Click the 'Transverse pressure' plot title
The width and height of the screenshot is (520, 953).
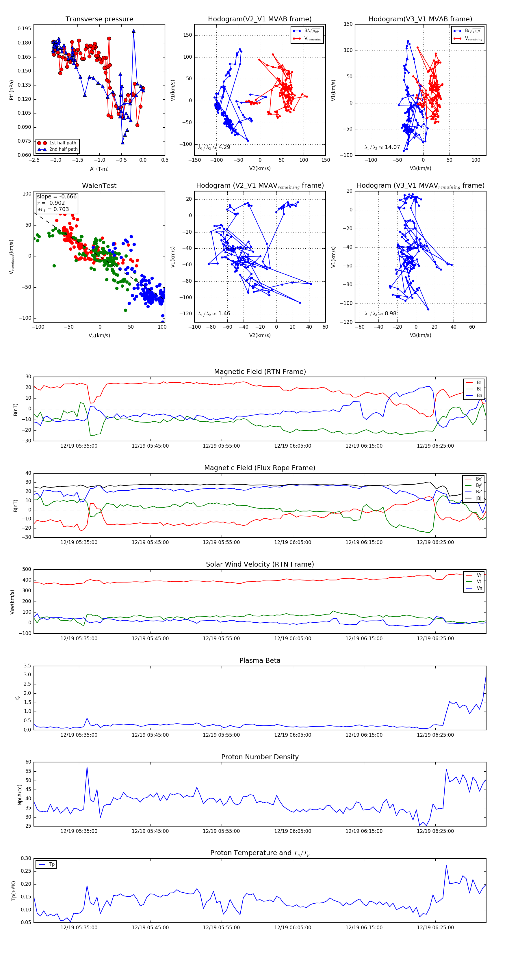click(x=99, y=19)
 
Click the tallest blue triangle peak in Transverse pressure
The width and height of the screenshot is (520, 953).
click(x=133, y=31)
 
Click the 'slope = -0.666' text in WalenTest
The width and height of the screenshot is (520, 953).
click(x=57, y=196)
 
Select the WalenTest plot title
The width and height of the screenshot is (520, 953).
click(x=99, y=186)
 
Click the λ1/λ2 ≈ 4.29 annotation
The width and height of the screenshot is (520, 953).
click(x=214, y=147)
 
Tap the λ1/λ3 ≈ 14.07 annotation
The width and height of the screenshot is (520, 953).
click(x=382, y=147)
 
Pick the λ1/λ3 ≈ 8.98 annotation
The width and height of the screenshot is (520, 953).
click(x=380, y=314)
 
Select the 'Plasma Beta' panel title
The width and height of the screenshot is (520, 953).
click(x=260, y=661)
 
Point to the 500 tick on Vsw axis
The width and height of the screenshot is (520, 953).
click(x=27, y=569)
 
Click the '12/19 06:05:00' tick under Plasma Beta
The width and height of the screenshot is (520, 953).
click(x=292, y=735)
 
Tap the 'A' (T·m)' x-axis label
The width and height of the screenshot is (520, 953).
click(x=99, y=169)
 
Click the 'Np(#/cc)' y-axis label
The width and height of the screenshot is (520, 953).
click(x=20, y=795)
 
